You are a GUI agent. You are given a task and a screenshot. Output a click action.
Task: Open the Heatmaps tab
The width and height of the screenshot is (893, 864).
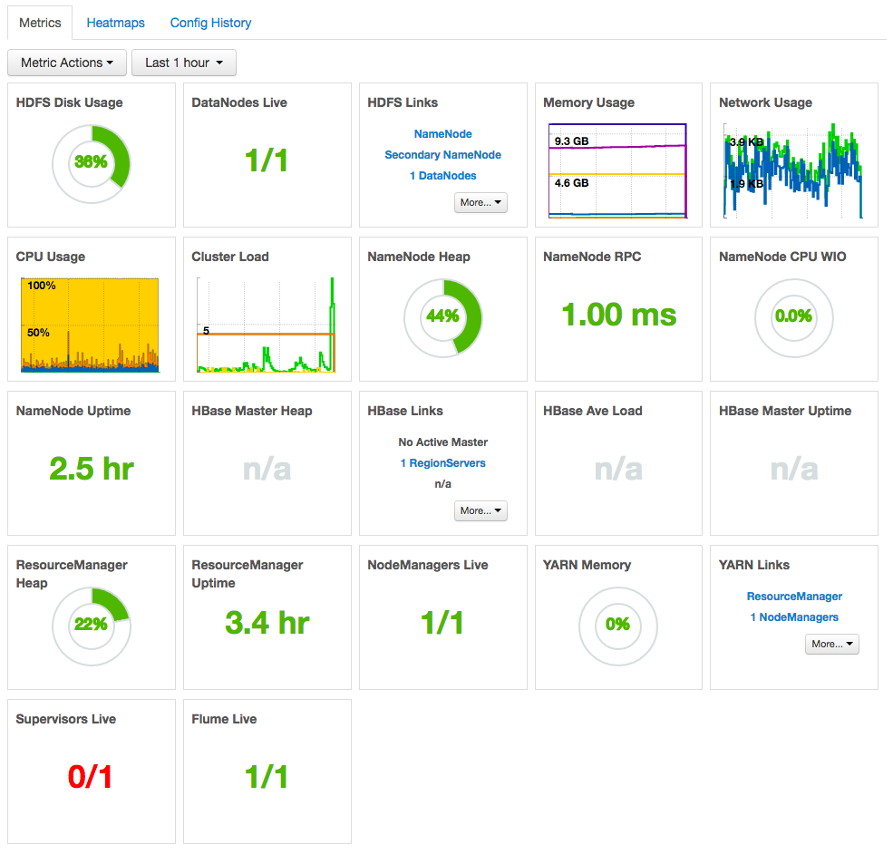point(115,23)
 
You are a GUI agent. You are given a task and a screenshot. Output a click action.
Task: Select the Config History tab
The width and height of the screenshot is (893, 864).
point(210,23)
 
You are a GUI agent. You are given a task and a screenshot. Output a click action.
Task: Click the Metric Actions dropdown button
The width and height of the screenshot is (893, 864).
point(67,63)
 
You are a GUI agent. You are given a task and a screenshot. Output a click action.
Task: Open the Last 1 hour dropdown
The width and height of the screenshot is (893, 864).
point(184,63)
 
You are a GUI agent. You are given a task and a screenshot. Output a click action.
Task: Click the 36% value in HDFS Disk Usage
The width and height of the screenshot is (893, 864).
point(91,162)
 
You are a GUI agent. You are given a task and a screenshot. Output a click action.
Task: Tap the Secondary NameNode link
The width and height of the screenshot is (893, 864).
point(442,155)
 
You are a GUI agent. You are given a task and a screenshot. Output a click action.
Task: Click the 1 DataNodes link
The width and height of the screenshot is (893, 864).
point(442,176)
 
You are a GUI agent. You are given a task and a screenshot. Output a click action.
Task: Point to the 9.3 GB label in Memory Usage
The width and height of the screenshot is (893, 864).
point(571,141)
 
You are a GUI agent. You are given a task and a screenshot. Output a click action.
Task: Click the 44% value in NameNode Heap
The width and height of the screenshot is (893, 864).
point(442,316)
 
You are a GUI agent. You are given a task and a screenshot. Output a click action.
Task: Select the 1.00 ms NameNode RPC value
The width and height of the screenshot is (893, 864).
point(618,315)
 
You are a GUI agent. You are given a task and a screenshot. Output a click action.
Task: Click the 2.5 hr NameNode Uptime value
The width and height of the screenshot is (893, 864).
point(91,469)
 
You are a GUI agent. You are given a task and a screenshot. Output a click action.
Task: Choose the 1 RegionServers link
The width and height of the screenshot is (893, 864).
point(442,463)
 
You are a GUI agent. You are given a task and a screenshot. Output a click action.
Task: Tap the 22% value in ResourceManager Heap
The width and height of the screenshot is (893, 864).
point(91,625)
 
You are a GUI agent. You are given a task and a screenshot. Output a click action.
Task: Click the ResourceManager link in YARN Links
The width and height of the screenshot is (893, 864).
point(794,597)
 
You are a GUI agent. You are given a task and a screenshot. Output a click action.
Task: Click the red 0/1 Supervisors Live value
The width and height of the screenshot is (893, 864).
point(91,777)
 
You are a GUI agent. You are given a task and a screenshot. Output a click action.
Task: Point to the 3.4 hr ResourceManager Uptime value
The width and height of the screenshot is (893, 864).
point(267,623)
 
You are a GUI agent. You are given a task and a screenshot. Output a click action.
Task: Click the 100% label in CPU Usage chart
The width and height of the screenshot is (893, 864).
point(42,286)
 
